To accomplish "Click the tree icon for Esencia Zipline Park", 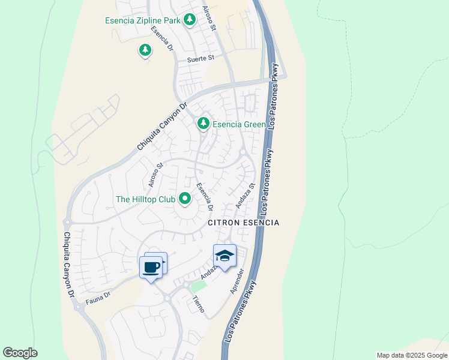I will coord(190,20).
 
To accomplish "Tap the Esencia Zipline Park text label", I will coord(142,20).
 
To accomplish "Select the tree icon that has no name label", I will coord(145,50).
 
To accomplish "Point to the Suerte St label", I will coord(200,59).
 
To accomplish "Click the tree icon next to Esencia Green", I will coord(203,123).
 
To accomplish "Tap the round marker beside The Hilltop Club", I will coord(185,199).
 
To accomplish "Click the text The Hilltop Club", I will coord(145,199).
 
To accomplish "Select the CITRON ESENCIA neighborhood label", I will coord(244,223).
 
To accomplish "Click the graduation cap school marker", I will coord(224,256).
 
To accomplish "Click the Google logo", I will coord(20,353).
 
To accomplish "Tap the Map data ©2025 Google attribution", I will coord(411,355).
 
